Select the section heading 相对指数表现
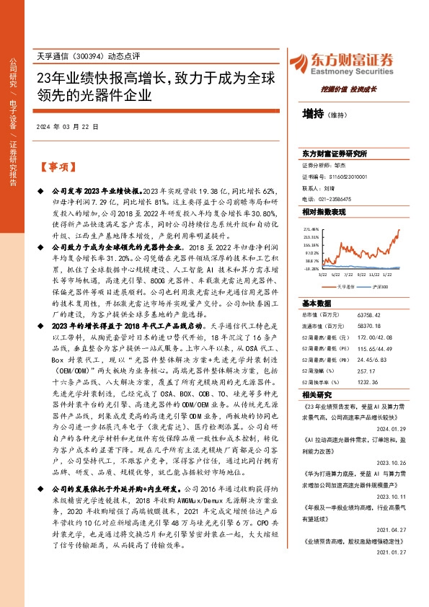324,213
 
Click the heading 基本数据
318,303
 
